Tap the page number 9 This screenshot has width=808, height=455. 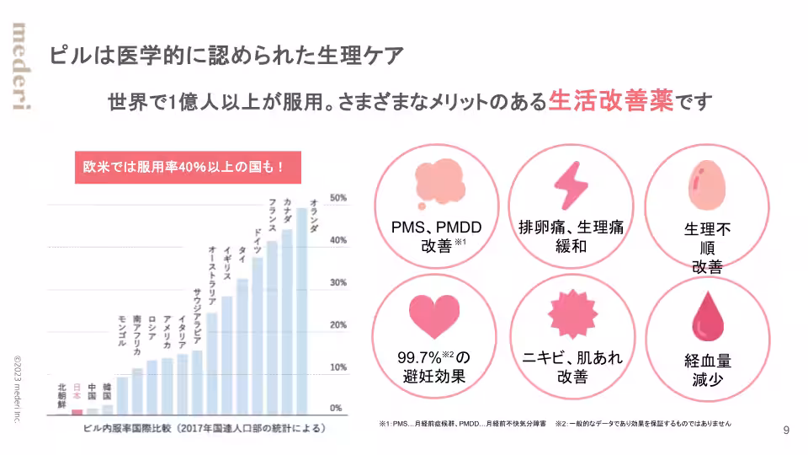click(x=786, y=431)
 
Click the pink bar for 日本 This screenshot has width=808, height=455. click(x=77, y=411)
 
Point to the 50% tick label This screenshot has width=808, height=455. click(x=338, y=198)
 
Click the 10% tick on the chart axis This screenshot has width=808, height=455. click(x=338, y=367)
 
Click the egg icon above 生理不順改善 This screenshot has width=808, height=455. click(x=705, y=184)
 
